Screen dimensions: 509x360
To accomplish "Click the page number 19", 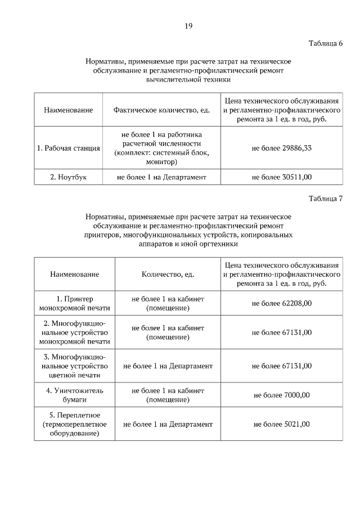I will [x=189, y=25].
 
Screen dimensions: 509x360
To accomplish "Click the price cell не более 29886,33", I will [x=282, y=148].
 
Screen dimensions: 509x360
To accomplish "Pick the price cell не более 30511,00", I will [x=282, y=177].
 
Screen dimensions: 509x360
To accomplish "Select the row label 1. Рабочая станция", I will [x=69, y=148].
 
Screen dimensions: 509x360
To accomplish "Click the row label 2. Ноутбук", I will [x=69, y=177].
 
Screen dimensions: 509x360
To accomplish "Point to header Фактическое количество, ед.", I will [x=161, y=110].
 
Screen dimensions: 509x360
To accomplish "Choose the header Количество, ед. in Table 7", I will [x=168, y=274].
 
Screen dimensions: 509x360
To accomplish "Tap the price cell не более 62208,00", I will [x=282, y=303].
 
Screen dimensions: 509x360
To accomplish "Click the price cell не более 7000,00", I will [x=282, y=395].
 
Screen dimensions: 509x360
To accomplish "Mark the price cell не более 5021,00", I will [x=282, y=424].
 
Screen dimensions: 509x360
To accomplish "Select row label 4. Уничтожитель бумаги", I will [x=74, y=395].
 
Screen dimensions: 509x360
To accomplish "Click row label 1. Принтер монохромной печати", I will [x=74, y=303].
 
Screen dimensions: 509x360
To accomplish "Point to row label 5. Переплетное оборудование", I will [x=74, y=424].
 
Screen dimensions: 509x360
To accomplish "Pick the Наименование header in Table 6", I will [x=69, y=110].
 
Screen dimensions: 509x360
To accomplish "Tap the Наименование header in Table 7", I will [x=74, y=274].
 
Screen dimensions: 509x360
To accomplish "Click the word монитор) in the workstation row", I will [x=161, y=162].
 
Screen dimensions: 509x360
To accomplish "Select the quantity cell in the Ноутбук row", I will [x=161, y=177].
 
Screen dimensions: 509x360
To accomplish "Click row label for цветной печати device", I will [x=74, y=366].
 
